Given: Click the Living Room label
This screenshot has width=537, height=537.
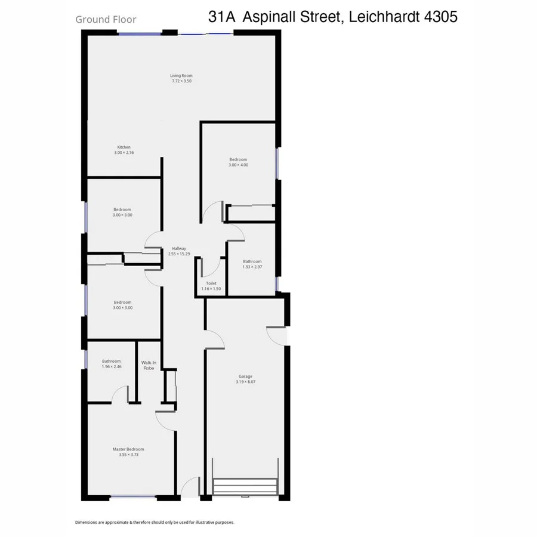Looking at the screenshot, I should point(181,76).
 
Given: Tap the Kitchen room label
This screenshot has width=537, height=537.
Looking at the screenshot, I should point(124,147).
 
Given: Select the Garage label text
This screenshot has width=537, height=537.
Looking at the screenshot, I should point(245,376).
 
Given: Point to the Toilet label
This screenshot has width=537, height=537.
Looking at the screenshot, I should point(211,283).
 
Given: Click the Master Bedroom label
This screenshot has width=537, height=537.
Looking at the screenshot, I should point(128,449).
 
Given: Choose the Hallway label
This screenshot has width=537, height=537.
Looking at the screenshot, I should point(180,249).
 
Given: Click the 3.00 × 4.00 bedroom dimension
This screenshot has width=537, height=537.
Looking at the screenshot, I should point(238,165).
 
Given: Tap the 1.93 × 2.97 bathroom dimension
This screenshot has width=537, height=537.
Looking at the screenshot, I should point(252,267).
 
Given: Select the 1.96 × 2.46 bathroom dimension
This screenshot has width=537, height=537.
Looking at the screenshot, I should point(112,366).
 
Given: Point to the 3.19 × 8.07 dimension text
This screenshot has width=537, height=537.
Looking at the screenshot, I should point(245,382).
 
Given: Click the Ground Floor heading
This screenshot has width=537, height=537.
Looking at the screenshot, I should point(106,19).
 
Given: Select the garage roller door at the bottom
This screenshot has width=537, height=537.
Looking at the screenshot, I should point(245,486).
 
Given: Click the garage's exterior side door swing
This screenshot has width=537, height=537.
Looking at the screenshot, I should point(277,335).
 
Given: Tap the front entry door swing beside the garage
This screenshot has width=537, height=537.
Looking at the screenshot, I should point(191,487).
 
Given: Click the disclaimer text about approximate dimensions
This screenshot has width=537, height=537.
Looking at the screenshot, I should point(155,522).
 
